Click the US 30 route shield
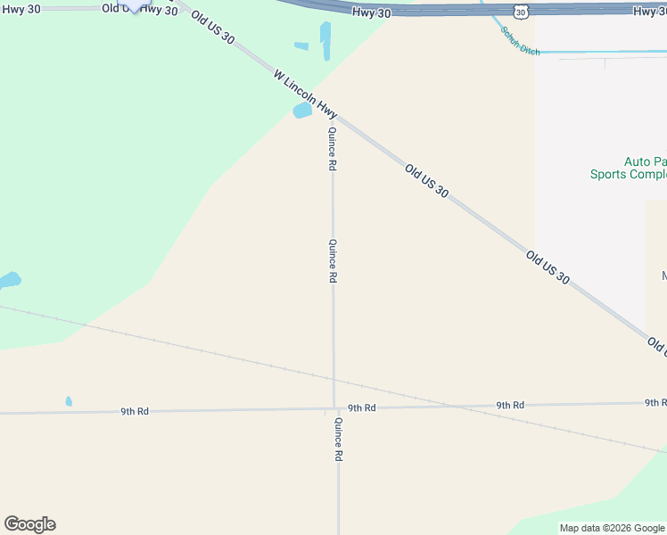tap(521, 10)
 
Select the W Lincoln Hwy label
tap(306, 96)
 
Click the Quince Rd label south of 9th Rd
tap(339, 439)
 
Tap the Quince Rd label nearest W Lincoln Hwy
tap(332, 148)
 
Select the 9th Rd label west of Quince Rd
tap(135, 411)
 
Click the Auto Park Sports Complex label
tap(630, 168)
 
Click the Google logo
tap(29, 524)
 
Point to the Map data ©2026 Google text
tap(612, 528)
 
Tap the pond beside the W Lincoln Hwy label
tap(302, 111)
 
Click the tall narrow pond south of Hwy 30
tap(325, 41)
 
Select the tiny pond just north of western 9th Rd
tap(69, 401)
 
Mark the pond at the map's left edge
tap(9, 281)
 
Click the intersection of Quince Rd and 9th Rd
tap(334, 408)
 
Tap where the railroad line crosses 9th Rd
tap(462, 406)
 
